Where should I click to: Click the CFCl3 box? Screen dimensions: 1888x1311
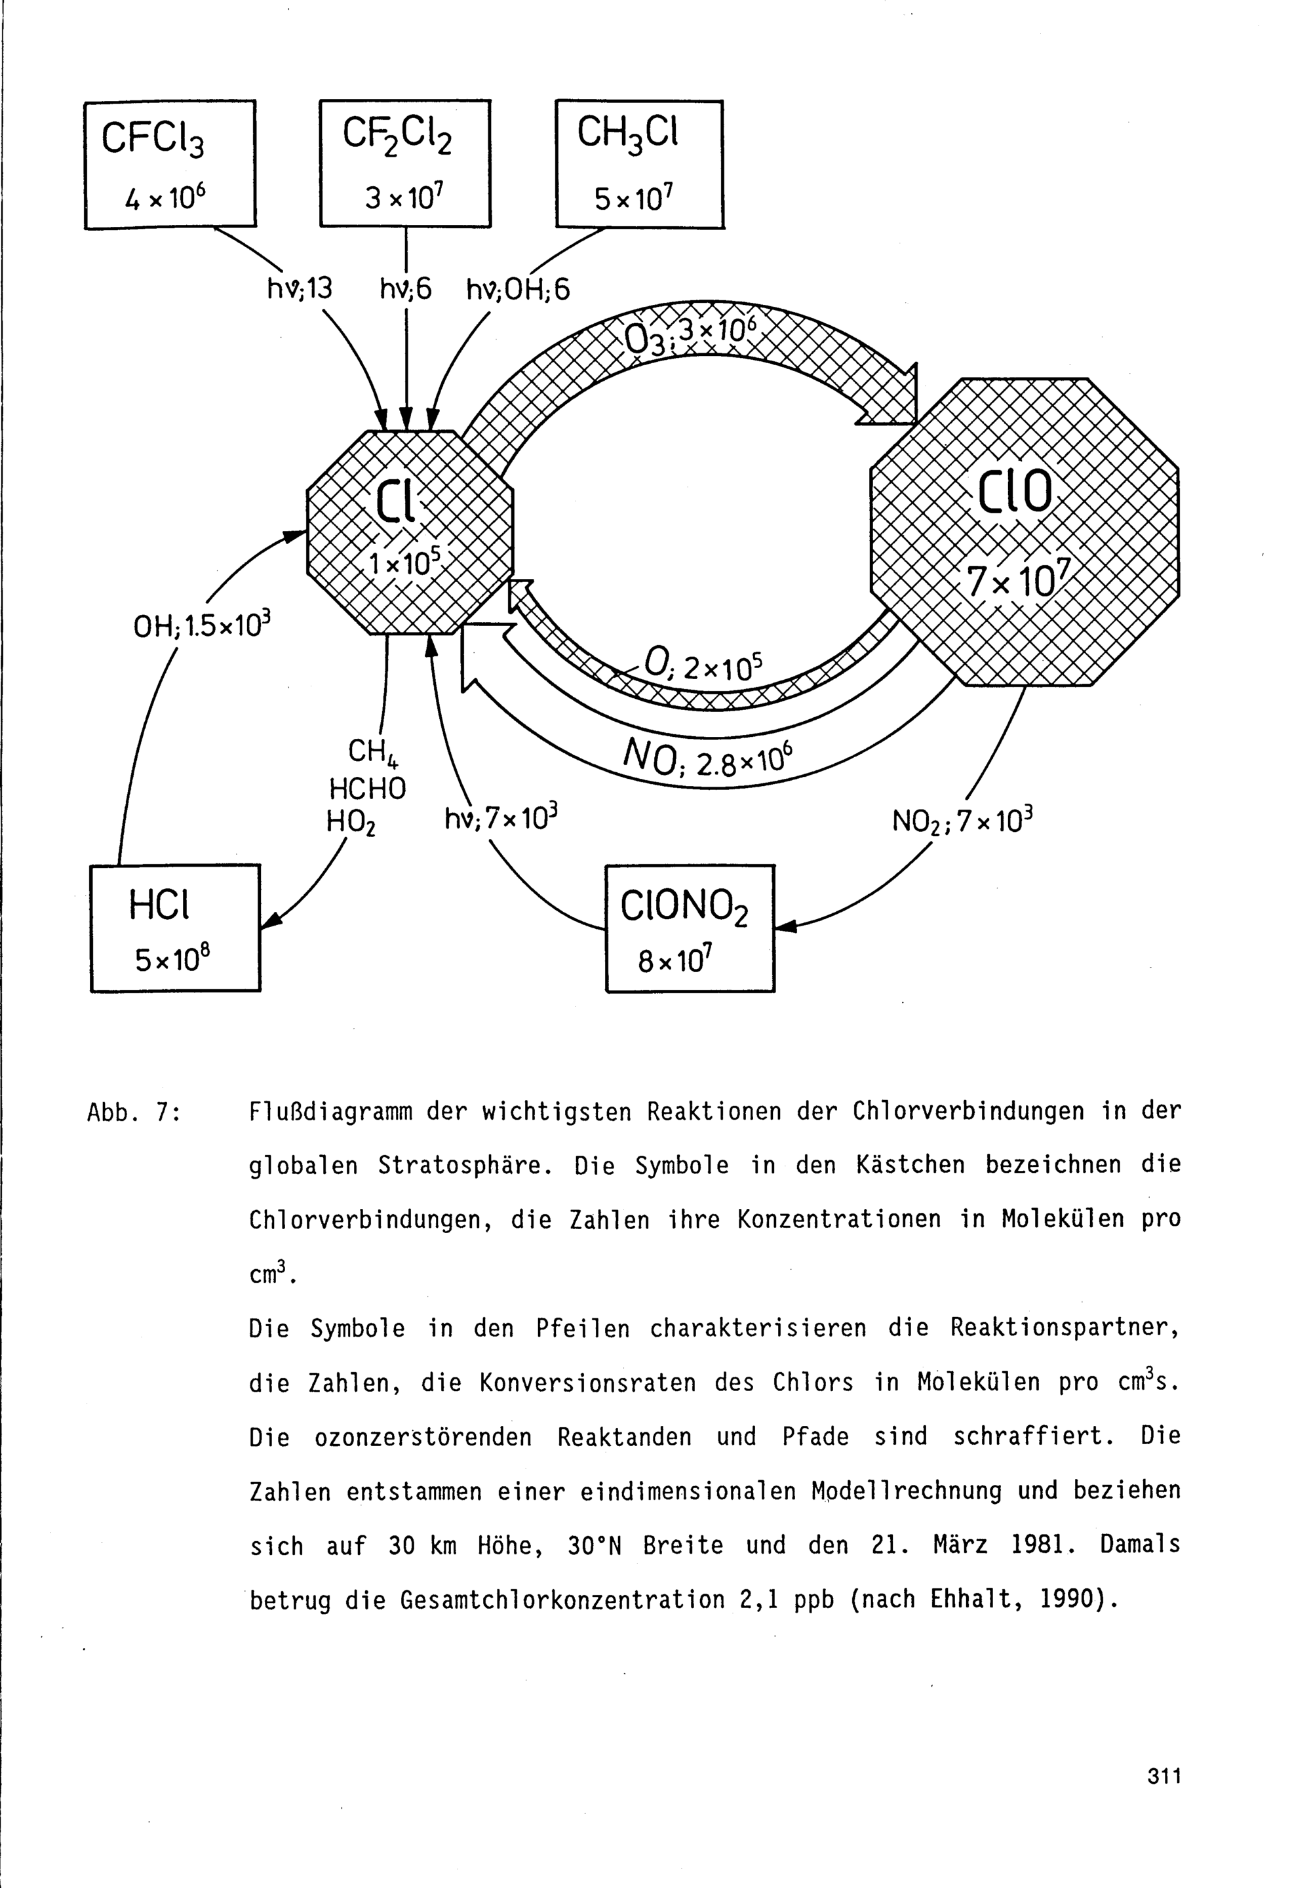tap(170, 165)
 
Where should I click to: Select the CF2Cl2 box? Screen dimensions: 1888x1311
tap(405, 163)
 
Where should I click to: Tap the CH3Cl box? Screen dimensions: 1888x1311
tap(639, 165)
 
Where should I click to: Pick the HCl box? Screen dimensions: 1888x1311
tap(175, 928)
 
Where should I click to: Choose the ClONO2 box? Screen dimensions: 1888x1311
tap(690, 928)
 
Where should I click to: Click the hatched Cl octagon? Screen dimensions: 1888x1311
tap(410, 532)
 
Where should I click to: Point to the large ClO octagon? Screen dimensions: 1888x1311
tap(1025, 532)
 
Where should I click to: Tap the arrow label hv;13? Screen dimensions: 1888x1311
tap(300, 288)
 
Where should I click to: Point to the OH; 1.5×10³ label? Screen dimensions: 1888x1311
tap(202, 625)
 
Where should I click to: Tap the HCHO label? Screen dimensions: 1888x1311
tap(367, 789)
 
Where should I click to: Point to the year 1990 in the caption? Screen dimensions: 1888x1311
tap(1065, 1599)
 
